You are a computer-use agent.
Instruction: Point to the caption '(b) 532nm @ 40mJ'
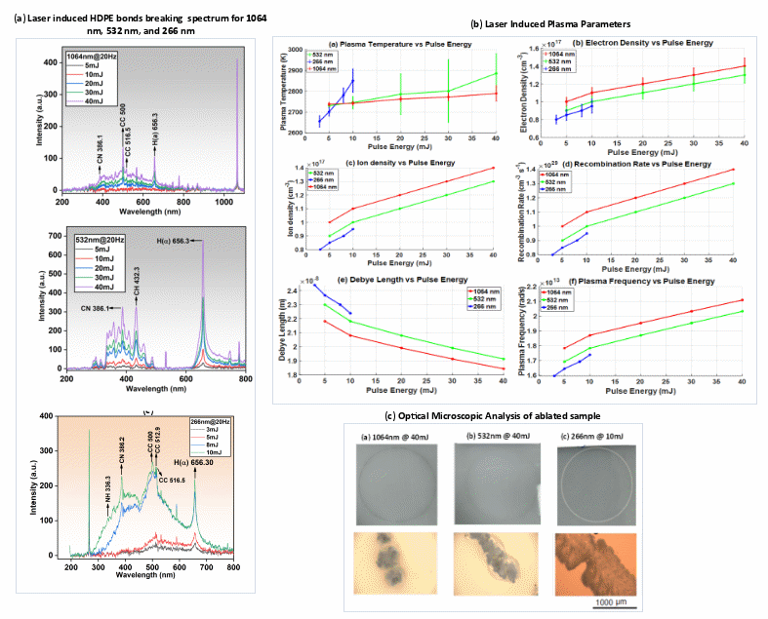[x=493, y=435]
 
